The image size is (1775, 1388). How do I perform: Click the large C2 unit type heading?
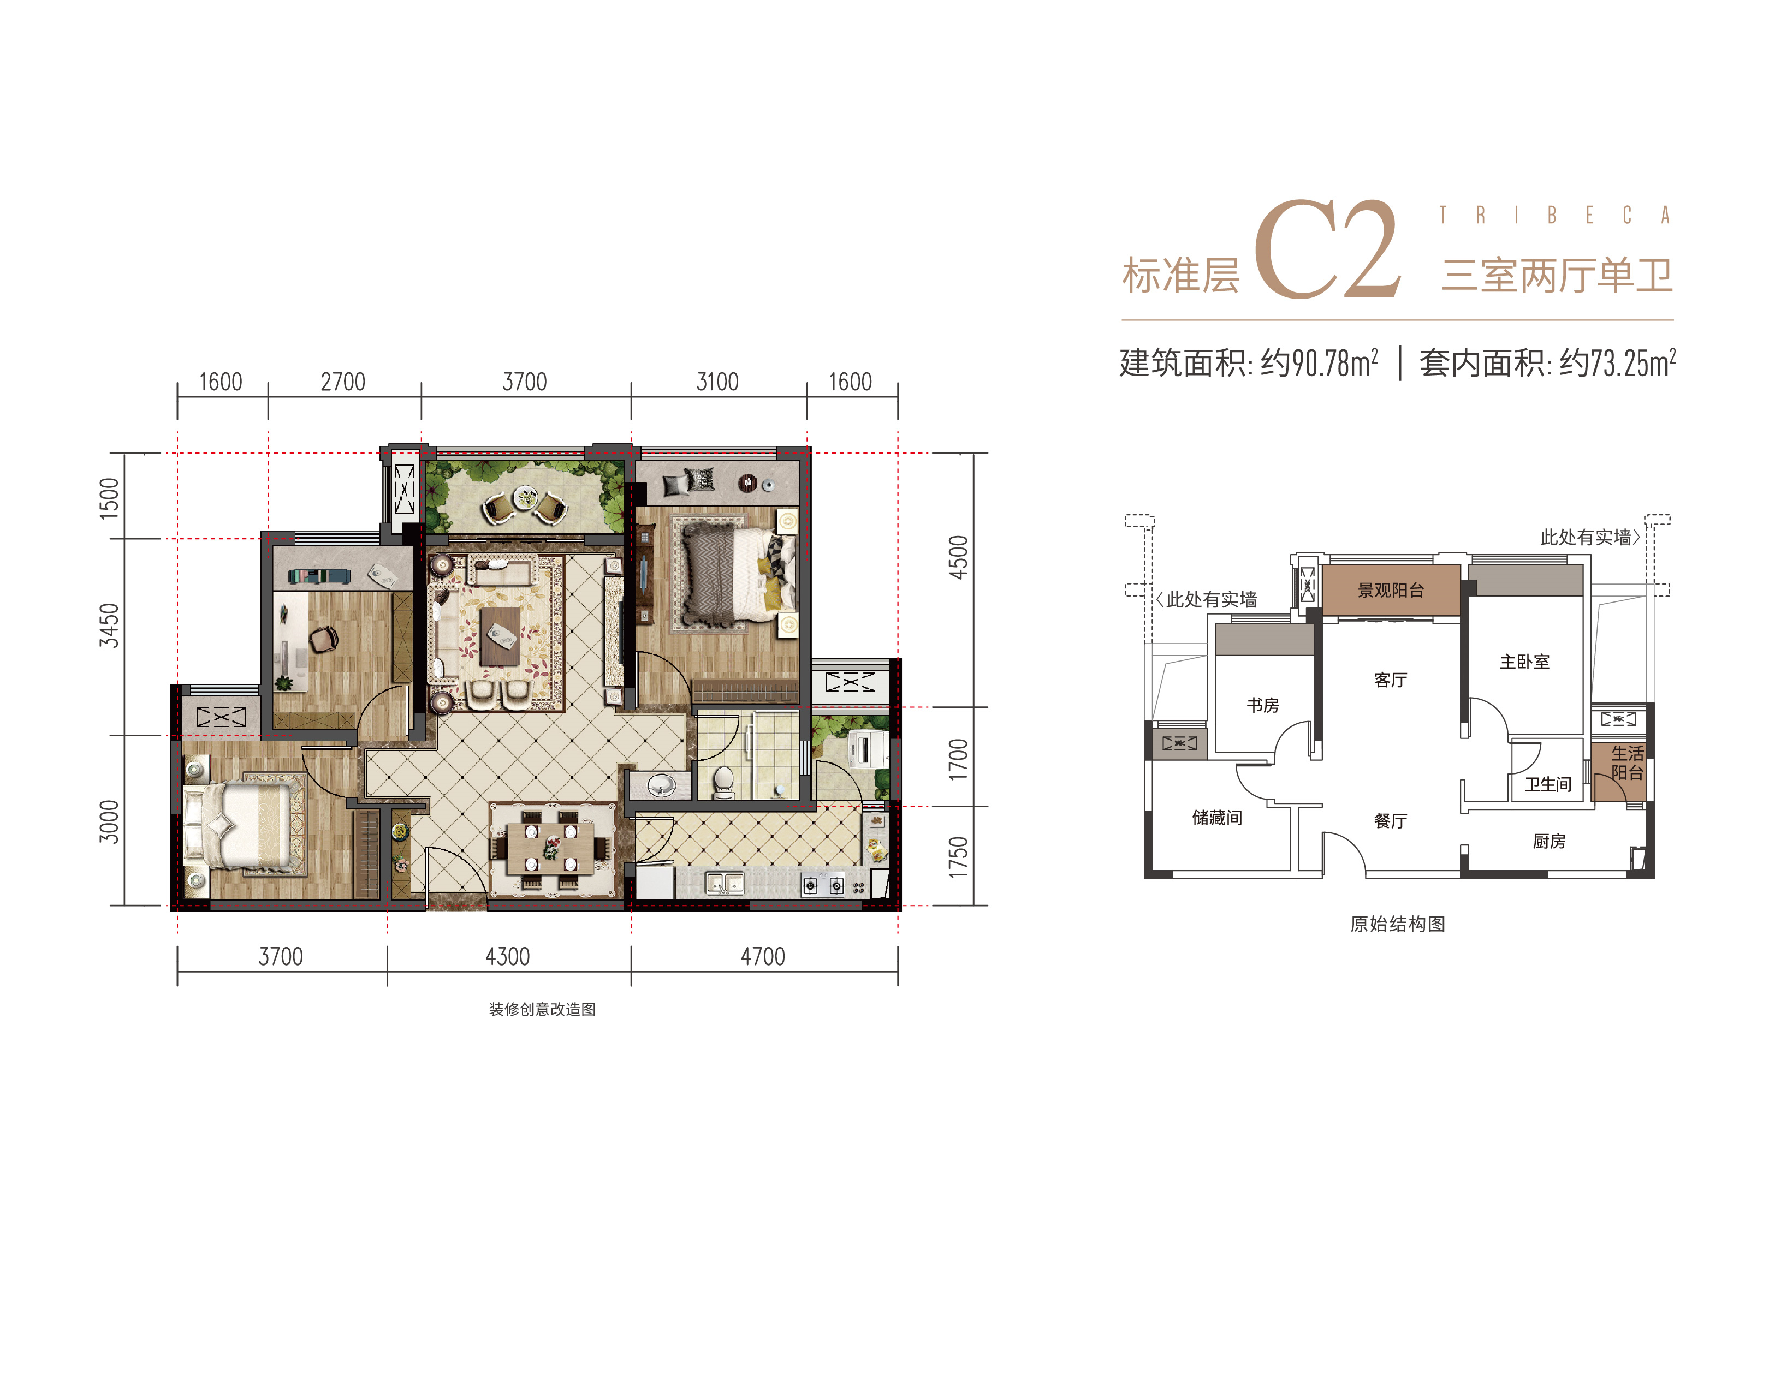(1328, 249)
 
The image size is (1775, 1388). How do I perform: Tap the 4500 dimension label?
(959, 557)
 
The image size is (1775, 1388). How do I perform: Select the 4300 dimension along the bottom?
(508, 956)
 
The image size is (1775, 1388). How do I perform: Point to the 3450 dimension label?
(109, 626)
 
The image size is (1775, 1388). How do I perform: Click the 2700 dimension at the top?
(343, 382)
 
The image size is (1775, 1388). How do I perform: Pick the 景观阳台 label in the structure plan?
(1391, 591)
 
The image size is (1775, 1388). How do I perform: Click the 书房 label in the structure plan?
(1263, 705)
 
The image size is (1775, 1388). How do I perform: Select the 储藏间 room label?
(1216, 818)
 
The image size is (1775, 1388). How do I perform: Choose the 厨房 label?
(1549, 841)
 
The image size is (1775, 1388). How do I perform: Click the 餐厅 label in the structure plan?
(1391, 821)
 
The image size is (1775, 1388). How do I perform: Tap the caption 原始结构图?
(1398, 924)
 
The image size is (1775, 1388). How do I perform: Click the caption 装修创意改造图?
(542, 1009)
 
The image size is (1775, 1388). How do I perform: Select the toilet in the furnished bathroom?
(722, 782)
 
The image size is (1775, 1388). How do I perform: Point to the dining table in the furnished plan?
(550, 848)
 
